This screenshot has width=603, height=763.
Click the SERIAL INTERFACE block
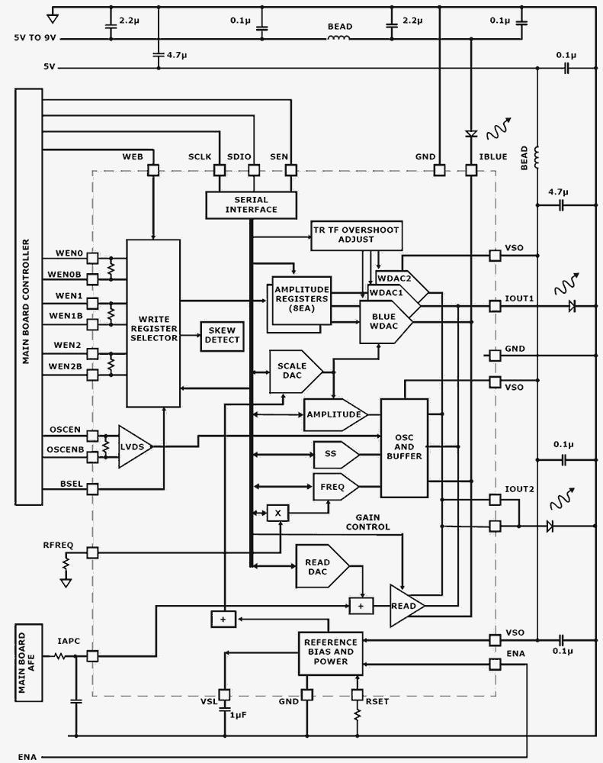pos(252,204)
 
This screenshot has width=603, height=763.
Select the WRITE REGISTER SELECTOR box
pos(153,323)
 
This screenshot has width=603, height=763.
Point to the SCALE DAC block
pos(295,372)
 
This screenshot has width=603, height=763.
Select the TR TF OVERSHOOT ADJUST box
pos(356,235)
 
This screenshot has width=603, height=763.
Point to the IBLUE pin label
pos(492,156)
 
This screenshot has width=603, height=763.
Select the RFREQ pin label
pos(58,545)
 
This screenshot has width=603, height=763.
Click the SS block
pos(334,454)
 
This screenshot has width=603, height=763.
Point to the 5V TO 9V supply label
pos(35,36)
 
